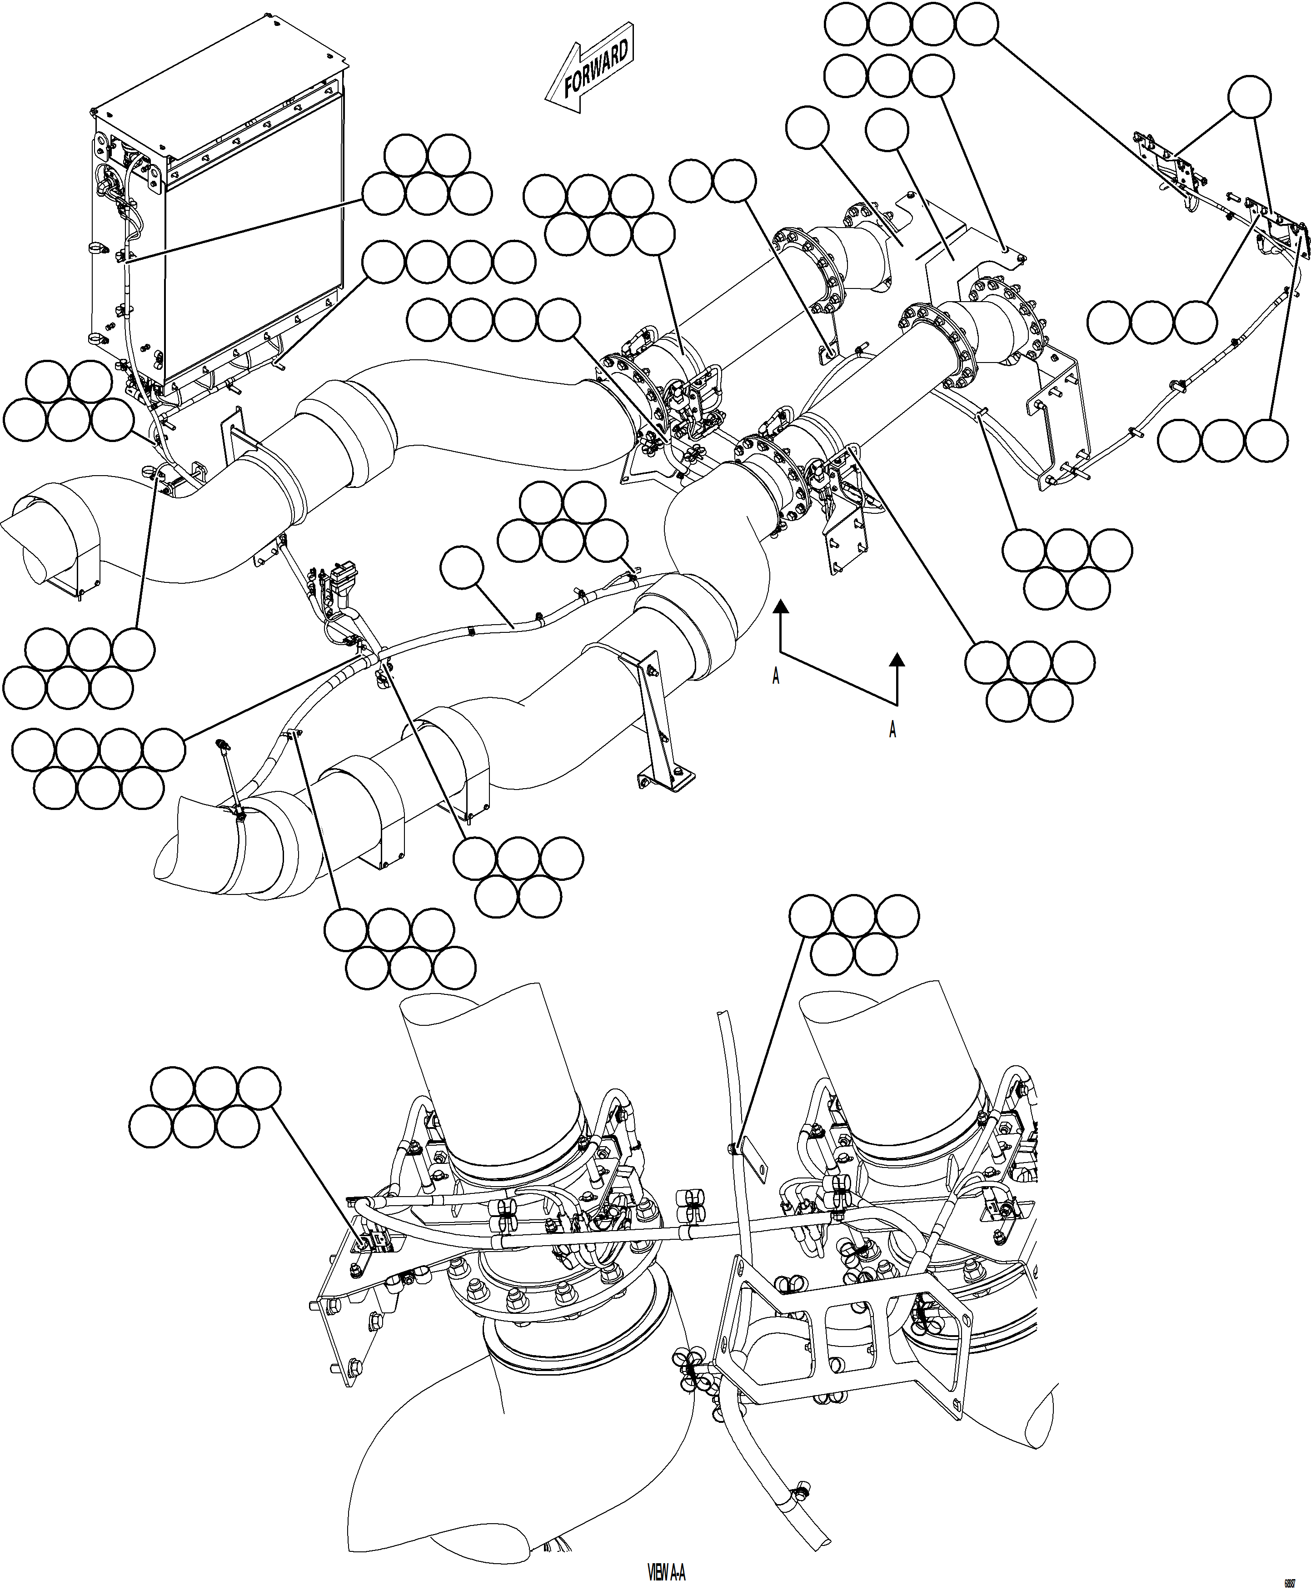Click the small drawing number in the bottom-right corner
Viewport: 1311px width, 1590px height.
pos(1290,1577)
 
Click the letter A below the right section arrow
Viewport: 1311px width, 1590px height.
pos(892,729)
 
